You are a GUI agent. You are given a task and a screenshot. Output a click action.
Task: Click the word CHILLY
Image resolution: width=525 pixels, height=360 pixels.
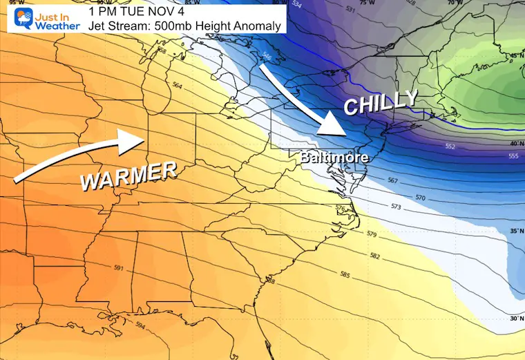pyautogui.click(x=381, y=104)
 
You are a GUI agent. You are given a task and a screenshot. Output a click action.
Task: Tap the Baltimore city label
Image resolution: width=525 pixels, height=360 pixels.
pyautogui.click(x=334, y=158)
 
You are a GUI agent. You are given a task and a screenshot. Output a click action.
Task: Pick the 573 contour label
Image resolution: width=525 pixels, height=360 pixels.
pyautogui.click(x=396, y=207)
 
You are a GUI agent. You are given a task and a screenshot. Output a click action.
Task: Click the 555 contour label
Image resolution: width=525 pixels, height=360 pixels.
pyautogui.click(x=513, y=157)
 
